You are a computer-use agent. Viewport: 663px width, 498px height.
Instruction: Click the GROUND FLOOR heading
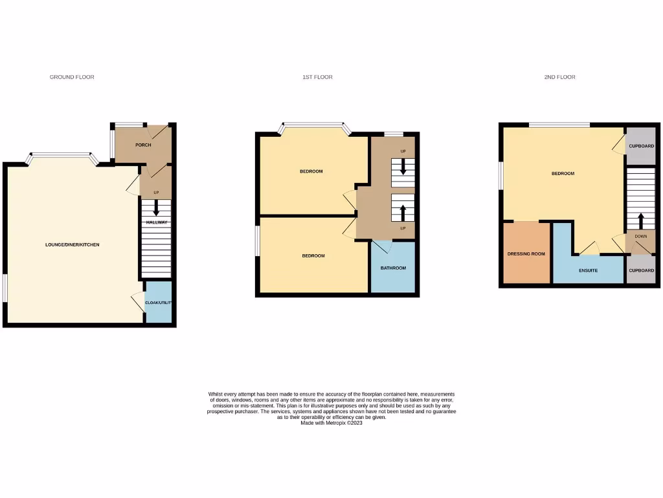[72, 77]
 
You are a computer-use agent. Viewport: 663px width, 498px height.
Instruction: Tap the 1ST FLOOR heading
[317, 77]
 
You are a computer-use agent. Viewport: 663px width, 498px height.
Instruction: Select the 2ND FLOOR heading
[559, 77]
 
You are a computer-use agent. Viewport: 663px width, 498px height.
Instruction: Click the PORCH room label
[143, 145]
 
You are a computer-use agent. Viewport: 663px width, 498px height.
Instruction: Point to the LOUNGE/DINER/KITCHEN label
[73, 244]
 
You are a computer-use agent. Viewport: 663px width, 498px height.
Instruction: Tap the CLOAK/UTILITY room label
[158, 303]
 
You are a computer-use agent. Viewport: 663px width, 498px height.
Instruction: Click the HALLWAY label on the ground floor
[156, 222]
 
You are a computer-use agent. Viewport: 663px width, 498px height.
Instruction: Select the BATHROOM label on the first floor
[393, 268]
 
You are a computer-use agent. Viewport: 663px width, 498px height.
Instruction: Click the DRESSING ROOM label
[526, 254]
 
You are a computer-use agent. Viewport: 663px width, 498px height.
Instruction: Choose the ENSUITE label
[588, 270]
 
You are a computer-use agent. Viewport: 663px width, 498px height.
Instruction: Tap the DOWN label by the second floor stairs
[640, 237]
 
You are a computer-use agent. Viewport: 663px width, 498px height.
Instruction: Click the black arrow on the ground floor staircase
[156, 208]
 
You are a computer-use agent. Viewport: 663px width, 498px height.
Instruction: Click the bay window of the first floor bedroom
[315, 125]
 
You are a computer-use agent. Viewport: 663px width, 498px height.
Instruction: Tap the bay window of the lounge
[62, 156]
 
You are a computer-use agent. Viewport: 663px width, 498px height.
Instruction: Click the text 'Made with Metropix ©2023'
[331, 423]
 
